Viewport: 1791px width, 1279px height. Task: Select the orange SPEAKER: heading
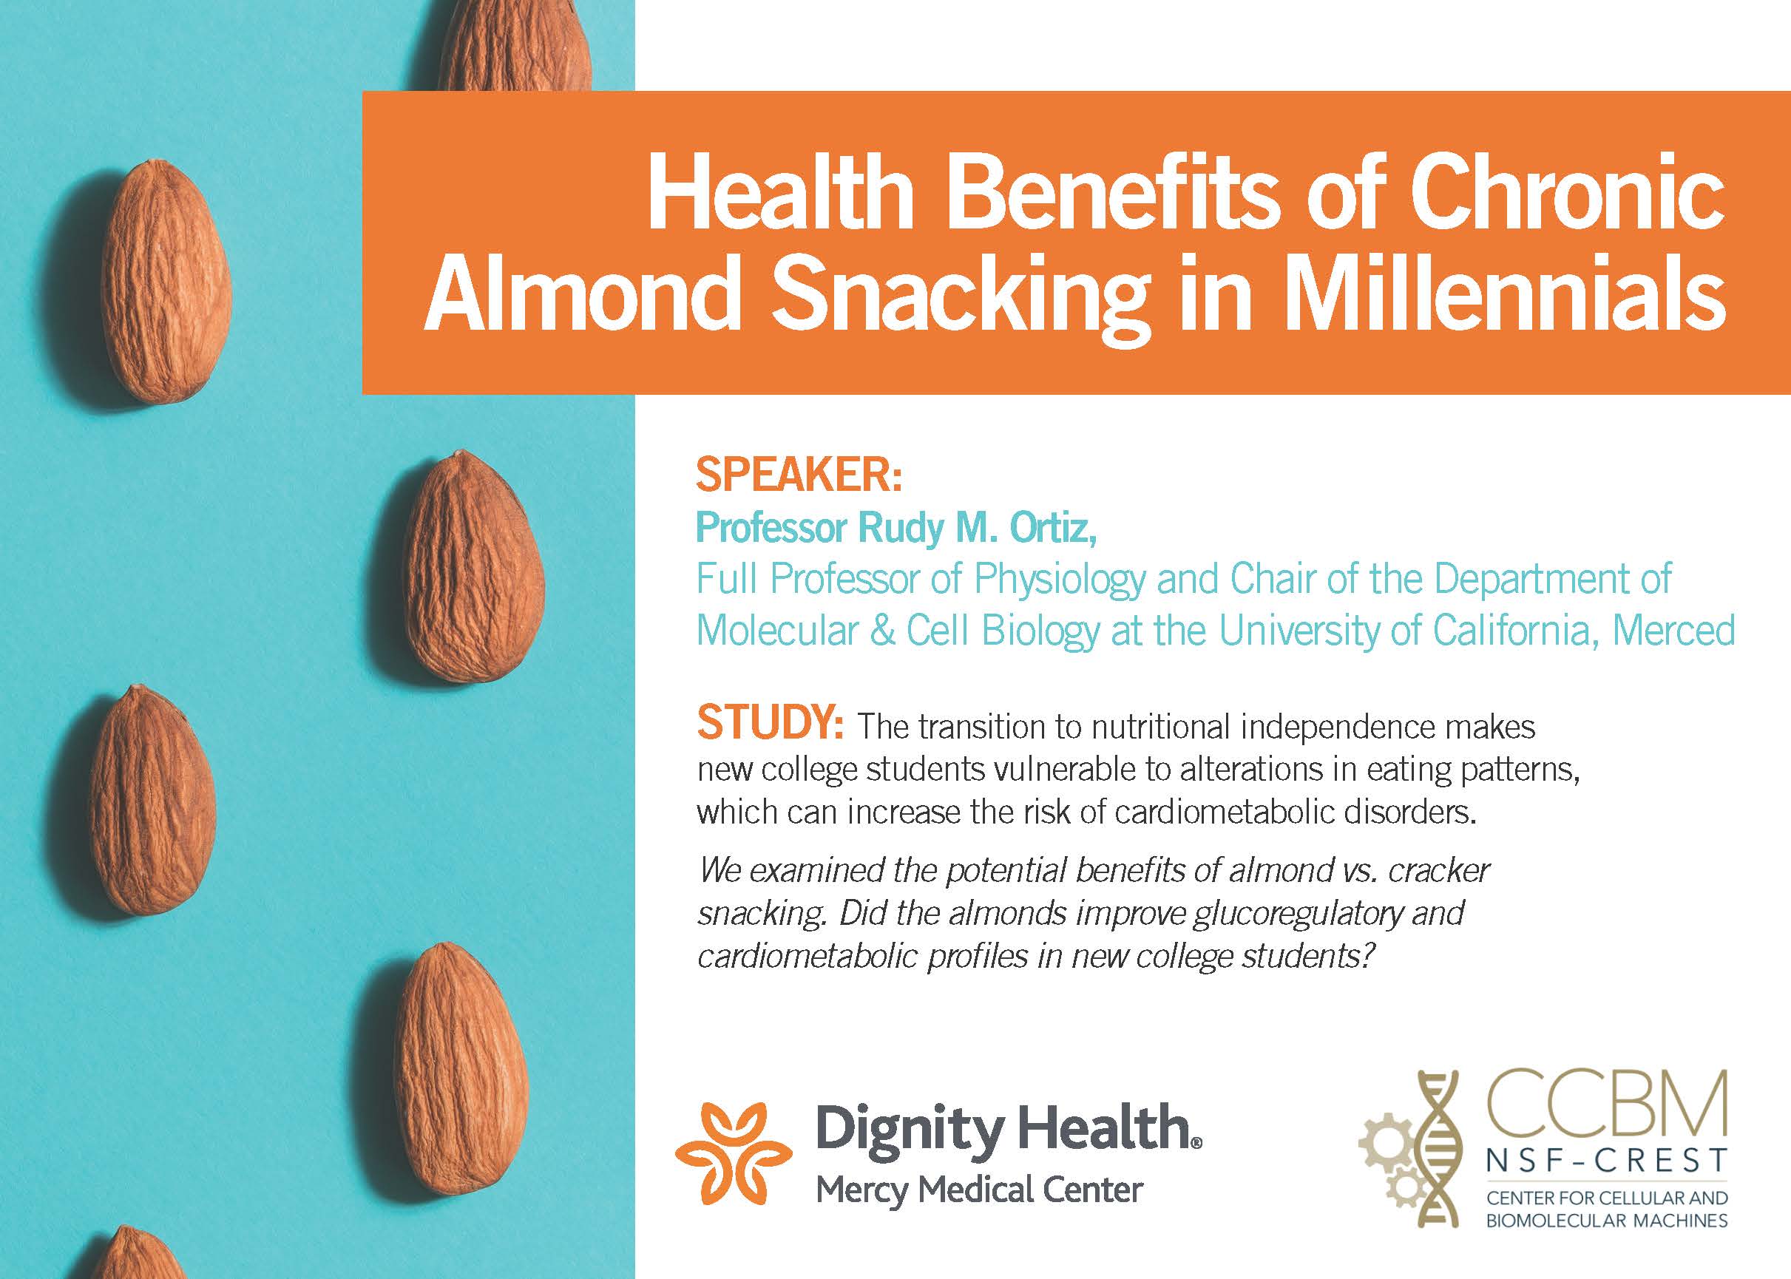799,475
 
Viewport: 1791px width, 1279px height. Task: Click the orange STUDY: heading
771,722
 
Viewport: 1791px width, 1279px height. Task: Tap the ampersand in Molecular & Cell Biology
882,631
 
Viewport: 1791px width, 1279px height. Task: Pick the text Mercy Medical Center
979,1190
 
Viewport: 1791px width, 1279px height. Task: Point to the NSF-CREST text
1607,1160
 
